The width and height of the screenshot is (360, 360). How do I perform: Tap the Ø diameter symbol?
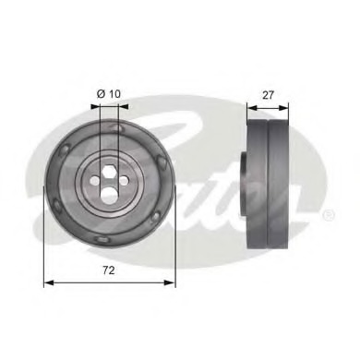pyautogui.click(x=101, y=94)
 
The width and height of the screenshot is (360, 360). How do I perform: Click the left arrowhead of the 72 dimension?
pyautogui.click(x=48, y=282)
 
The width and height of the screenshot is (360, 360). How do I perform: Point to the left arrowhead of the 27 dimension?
pyautogui.click(x=250, y=107)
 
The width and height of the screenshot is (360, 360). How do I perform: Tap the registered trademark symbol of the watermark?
pyautogui.click(x=330, y=215)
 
